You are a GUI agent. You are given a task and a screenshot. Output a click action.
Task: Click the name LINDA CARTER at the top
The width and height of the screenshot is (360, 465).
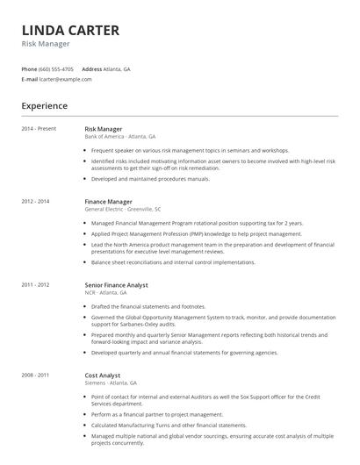click(x=70, y=30)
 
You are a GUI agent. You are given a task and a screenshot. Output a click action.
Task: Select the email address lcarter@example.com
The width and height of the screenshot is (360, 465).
click(x=65, y=79)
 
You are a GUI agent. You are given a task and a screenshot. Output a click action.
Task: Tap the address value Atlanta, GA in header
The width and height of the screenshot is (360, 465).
click(x=118, y=68)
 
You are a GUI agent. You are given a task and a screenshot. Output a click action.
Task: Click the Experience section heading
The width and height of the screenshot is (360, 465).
click(x=44, y=105)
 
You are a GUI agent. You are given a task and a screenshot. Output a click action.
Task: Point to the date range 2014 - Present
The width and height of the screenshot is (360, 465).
click(x=39, y=129)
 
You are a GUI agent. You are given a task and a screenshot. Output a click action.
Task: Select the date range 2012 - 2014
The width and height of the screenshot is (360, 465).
click(x=36, y=202)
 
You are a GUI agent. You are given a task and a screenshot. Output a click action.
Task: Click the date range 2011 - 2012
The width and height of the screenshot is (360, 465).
click(x=36, y=284)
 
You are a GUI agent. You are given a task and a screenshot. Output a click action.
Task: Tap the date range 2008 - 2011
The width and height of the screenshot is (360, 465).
click(x=36, y=375)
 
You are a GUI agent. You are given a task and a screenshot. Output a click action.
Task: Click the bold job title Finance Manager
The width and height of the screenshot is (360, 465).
click(x=108, y=202)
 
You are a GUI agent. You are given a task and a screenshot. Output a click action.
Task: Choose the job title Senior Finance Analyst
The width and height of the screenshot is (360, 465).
click(x=116, y=284)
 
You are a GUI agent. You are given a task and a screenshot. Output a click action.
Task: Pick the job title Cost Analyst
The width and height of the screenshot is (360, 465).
click(x=102, y=375)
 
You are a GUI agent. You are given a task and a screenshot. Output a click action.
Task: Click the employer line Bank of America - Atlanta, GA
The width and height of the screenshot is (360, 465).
click(x=119, y=137)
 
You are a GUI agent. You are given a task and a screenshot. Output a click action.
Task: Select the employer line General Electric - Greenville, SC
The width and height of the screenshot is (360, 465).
click(x=122, y=210)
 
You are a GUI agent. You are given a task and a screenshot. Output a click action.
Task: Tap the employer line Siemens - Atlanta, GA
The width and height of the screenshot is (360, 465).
click(x=111, y=383)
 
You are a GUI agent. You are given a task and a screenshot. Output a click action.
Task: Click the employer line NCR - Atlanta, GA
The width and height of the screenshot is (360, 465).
click(x=106, y=292)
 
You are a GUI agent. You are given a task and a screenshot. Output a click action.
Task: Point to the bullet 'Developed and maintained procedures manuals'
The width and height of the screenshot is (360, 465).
click(x=150, y=178)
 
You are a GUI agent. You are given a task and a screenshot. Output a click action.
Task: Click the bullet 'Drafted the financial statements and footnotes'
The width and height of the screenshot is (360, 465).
click(x=154, y=306)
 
